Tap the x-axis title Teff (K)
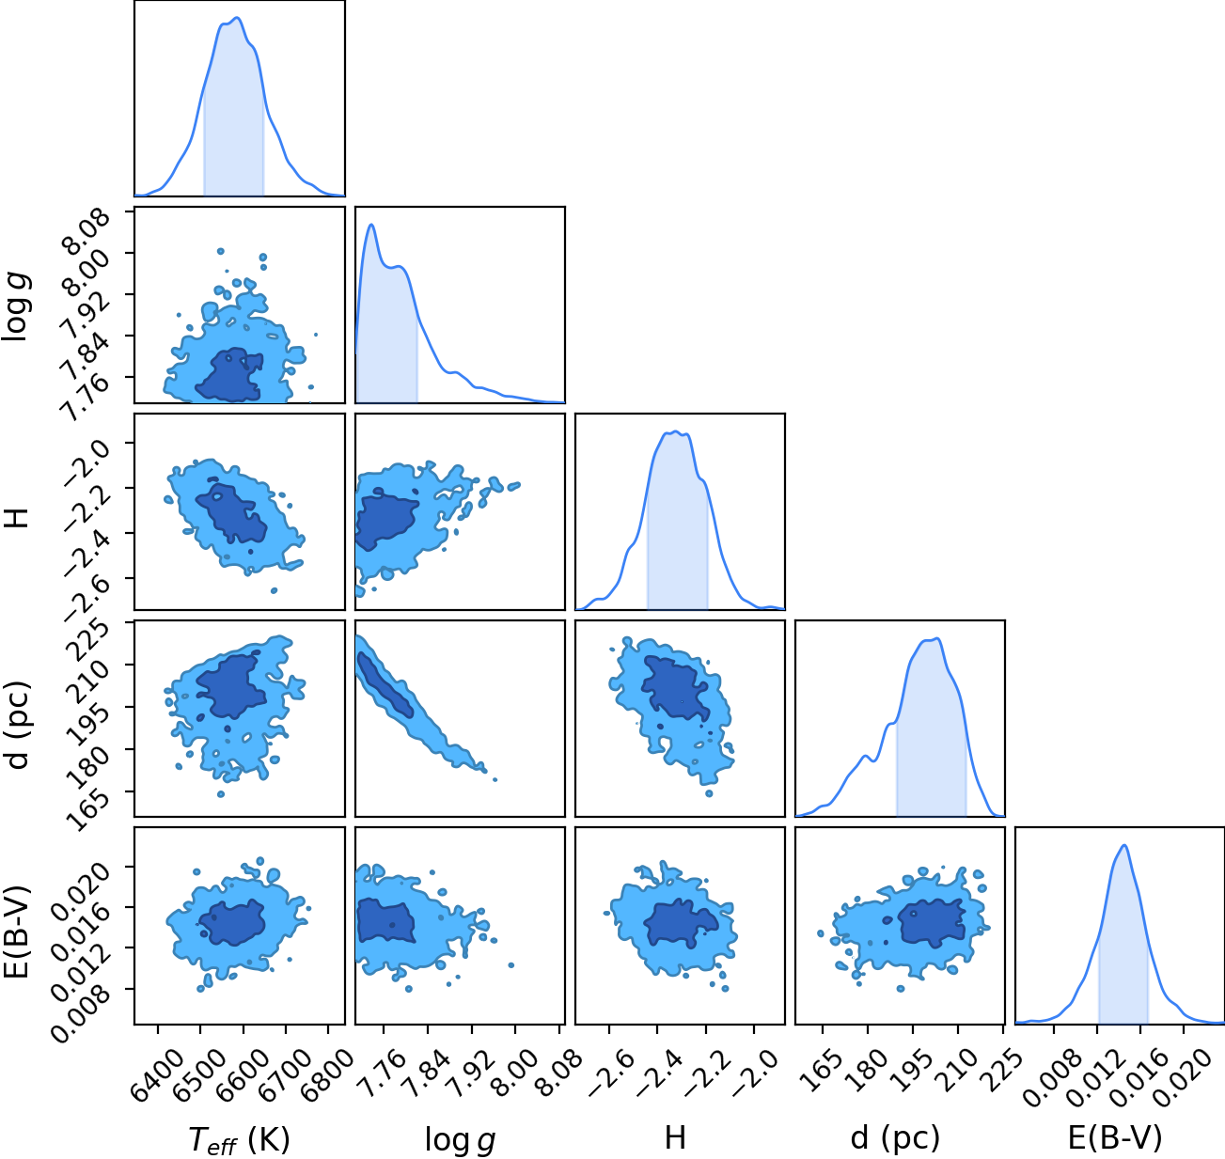(x=240, y=1140)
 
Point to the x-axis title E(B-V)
(x=1115, y=1138)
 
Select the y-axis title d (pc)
(x=19, y=726)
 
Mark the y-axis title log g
(x=18, y=307)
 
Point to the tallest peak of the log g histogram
(x=370, y=225)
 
